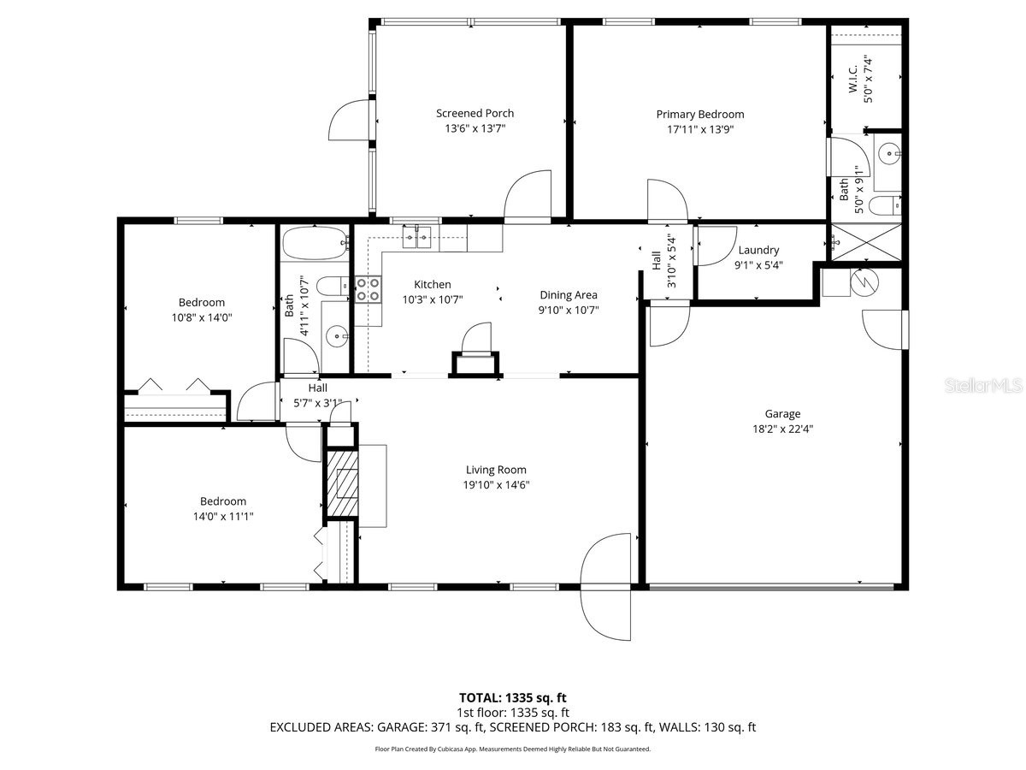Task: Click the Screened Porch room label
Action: [475, 113]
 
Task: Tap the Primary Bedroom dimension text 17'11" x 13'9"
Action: [699, 130]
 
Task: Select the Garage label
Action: [781, 414]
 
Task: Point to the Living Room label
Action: [496, 470]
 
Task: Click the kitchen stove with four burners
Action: [368, 289]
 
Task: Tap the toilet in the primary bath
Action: [885, 205]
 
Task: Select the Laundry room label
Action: [758, 250]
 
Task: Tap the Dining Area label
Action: [568, 295]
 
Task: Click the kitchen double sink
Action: [417, 237]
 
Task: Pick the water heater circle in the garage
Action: [863, 281]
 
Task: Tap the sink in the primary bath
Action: [890, 155]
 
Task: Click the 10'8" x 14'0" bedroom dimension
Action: [202, 317]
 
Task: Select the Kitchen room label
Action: [432, 285]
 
